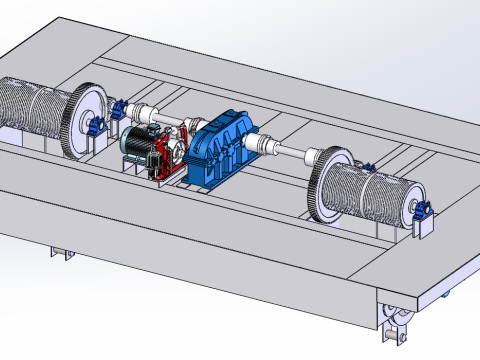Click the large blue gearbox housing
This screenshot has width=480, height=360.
point(225,148)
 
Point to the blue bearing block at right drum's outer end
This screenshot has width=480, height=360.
point(422,211)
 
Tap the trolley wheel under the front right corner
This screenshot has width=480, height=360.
point(393,318)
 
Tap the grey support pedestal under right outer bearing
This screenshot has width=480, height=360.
point(424,228)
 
